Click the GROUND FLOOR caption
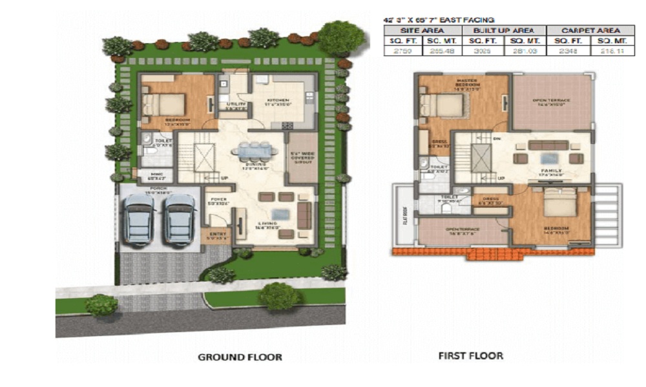point(240,357)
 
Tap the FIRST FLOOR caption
point(471,355)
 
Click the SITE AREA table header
point(423,30)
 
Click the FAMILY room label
point(551,171)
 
